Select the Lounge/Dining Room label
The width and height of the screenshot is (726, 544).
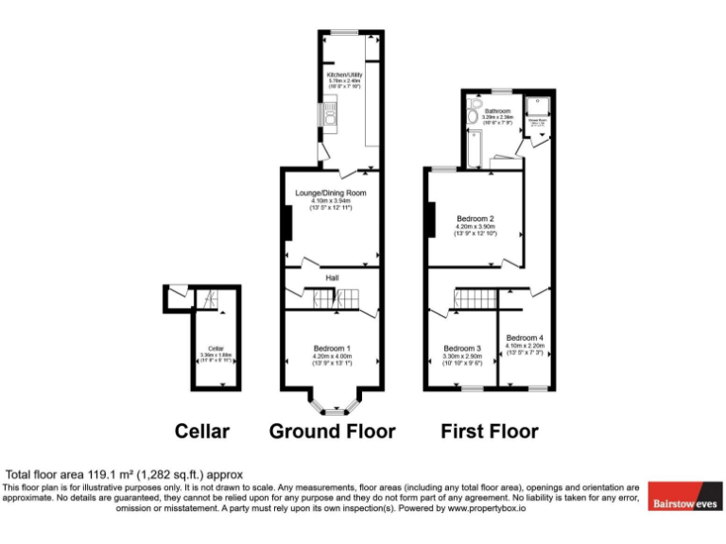pos(330,193)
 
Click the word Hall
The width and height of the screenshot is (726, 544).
pos(332,279)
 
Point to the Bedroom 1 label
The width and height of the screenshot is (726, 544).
pos(332,348)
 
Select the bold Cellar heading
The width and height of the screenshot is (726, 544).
pos(202,432)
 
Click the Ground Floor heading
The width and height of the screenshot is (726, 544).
pos(332,432)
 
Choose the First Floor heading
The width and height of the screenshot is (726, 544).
pos(490,432)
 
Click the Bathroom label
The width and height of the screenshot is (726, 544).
pos(498,110)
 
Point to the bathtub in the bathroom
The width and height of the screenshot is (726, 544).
pos(473,147)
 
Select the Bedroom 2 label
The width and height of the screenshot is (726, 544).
pos(475,218)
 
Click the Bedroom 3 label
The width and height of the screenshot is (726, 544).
pos(463,348)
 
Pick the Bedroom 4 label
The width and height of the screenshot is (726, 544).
pos(525,338)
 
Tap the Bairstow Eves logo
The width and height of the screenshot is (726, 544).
pos(684,503)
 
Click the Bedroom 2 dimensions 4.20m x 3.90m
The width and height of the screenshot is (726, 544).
pos(475,227)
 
